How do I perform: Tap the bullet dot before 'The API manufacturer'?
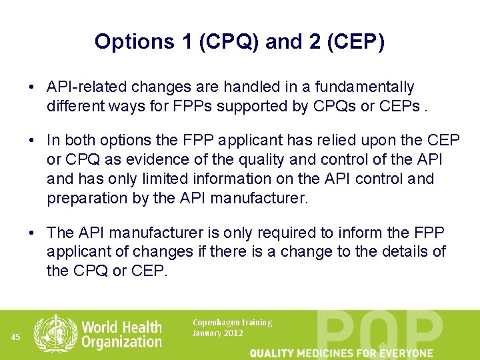[x=32, y=233]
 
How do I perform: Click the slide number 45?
[x=17, y=337]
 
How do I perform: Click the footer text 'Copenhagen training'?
[x=232, y=323]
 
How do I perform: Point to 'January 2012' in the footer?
[x=218, y=333]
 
